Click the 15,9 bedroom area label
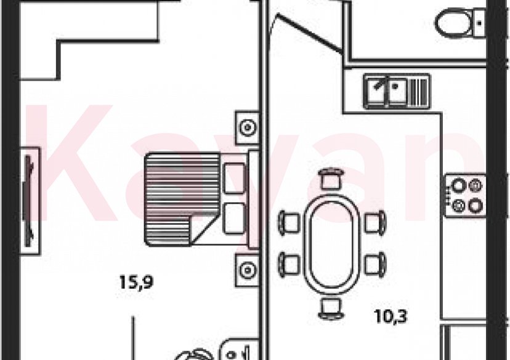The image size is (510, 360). pos(136,282)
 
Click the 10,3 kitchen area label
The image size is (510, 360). pos(391,316)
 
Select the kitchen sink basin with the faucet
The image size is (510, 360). pos(386,91)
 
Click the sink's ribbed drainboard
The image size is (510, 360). pos(419,91)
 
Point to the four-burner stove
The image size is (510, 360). pos(466,196)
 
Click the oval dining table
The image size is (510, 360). pos(331,244)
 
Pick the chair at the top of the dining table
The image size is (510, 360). pos(331,178)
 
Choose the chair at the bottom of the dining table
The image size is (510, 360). pos(331,309)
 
